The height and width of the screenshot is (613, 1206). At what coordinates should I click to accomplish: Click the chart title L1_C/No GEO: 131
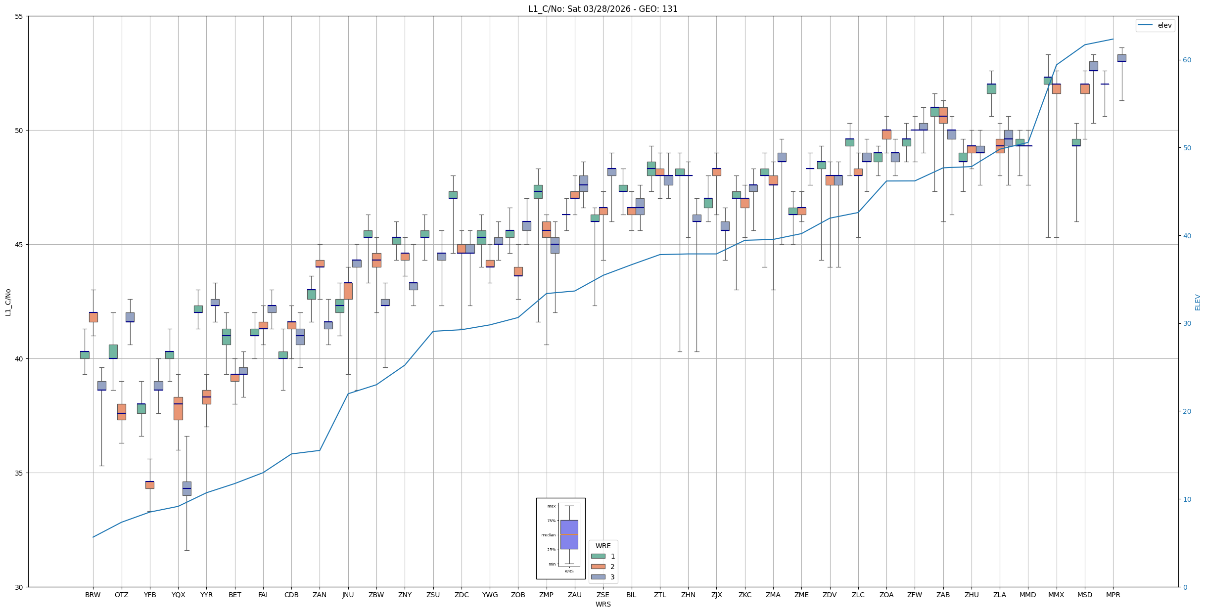click(603, 9)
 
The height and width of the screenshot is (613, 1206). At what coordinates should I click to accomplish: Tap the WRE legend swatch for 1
click(598, 556)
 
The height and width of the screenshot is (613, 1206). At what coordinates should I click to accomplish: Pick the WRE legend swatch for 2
click(598, 567)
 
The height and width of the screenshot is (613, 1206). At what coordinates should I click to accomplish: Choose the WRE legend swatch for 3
click(598, 577)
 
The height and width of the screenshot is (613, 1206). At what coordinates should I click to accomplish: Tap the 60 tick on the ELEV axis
click(1187, 60)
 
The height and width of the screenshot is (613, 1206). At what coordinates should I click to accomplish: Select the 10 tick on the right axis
click(1187, 499)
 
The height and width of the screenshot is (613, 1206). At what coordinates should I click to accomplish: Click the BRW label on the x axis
click(93, 595)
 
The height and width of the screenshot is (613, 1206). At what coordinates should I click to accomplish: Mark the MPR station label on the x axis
click(1113, 595)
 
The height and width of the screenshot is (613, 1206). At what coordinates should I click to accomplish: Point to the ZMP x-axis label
click(546, 595)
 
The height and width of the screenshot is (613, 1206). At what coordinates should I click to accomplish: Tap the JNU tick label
click(348, 595)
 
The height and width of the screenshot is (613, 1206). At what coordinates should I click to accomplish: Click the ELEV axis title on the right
click(1198, 302)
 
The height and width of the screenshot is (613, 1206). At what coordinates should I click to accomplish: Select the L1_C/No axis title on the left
click(8, 302)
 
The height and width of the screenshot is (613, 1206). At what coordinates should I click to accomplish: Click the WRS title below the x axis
click(603, 604)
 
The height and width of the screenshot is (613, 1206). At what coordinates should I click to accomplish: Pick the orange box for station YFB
click(149, 485)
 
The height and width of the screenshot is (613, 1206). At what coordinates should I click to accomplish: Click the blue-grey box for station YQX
click(186, 488)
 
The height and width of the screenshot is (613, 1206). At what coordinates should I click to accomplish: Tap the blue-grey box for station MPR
click(1121, 58)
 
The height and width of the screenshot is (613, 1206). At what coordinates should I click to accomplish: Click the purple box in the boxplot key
click(569, 534)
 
